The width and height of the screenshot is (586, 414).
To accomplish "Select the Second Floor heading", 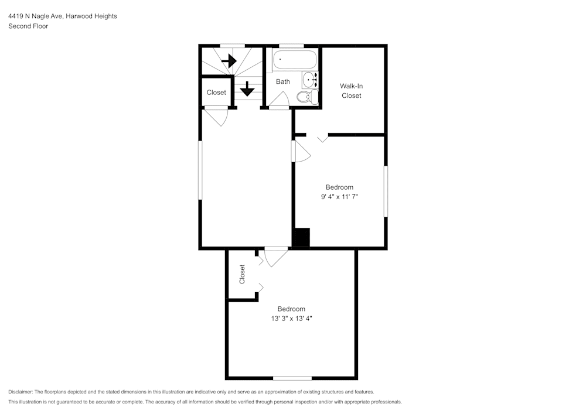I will [x=28, y=26].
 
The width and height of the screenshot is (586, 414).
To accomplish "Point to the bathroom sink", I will [x=309, y=81].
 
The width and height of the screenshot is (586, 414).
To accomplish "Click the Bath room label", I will [x=283, y=81].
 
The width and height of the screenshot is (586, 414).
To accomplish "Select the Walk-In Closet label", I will [x=352, y=91].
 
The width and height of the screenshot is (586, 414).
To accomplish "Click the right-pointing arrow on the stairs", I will [x=229, y=60].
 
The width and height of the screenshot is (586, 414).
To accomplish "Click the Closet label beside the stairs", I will [x=216, y=93].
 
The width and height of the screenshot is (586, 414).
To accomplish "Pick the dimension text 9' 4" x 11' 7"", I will [x=339, y=197].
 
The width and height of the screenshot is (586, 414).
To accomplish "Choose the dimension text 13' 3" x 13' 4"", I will [x=291, y=319].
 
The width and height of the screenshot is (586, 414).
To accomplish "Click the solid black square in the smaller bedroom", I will [x=301, y=237].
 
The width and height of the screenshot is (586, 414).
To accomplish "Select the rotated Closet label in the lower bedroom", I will [x=242, y=274].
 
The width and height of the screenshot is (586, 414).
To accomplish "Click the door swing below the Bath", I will [x=279, y=101].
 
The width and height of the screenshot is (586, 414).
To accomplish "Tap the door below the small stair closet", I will [x=216, y=115].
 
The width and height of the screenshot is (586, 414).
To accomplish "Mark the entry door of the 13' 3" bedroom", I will [x=276, y=256].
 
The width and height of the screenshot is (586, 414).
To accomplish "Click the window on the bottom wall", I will [x=292, y=378].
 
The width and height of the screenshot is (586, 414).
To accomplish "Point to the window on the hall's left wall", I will [x=200, y=169].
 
